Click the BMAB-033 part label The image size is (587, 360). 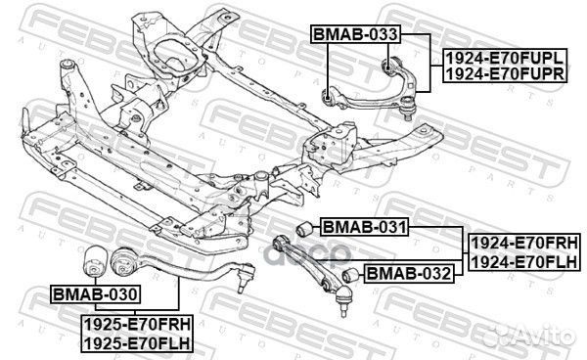click(354, 35)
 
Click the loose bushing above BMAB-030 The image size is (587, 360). click(96, 259)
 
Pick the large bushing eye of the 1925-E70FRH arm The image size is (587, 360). click(125, 261)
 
